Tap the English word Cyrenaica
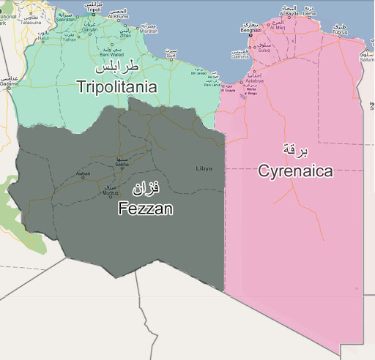pyautogui.click(x=295, y=171)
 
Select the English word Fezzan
pyautogui.click(x=145, y=209)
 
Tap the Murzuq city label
pyautogui.click(x=107, y=192)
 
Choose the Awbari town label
pyautogui.click(x=83, y=173)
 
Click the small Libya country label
pyautogui.click(x=204, y=168)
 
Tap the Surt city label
pyautogui.click(x=171, y=56)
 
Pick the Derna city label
pyautogui.click(x=310, y=12)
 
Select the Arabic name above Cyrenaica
pyautogui.click(x=295, y=149)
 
